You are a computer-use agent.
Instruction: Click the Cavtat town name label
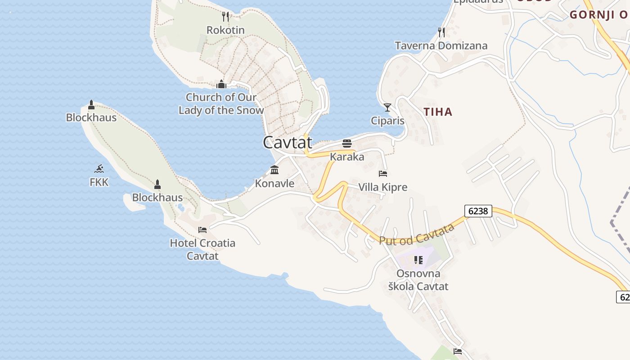[287, 143]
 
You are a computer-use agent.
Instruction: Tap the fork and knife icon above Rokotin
[225, 17]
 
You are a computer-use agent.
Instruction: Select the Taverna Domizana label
[441, 45]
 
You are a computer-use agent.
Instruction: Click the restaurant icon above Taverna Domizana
[441, 32]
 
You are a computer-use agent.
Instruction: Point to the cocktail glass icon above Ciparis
[387, 108]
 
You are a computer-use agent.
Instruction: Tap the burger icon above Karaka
[347, 144]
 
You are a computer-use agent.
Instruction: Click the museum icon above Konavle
[274, 170]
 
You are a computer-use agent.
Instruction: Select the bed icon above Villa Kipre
[383, 173]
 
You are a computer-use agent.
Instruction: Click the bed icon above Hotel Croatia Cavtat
[202, 230]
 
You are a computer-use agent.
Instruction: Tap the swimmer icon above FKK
[99, 169]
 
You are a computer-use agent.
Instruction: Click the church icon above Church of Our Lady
[221, 84]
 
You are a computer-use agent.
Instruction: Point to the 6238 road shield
[478, 211]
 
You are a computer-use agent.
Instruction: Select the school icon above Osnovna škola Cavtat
[418, 260]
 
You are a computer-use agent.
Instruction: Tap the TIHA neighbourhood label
[438, 112]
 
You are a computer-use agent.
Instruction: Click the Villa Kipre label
[382, 187]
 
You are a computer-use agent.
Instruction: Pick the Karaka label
[347, 157]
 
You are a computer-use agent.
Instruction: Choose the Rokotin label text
[225, 30]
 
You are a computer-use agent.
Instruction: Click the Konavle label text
[274, 184]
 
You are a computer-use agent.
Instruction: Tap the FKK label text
[99, 182]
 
